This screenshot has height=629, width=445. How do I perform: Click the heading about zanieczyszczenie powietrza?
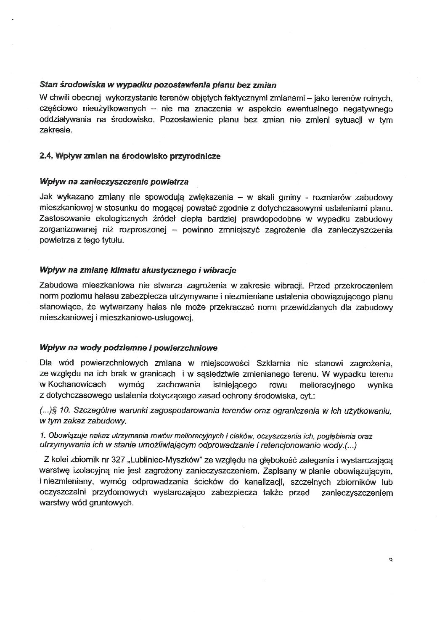pos(114,182)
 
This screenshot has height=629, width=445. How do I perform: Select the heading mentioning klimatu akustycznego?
pos(138,270)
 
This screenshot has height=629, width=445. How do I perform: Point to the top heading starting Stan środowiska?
pos(157,85)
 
